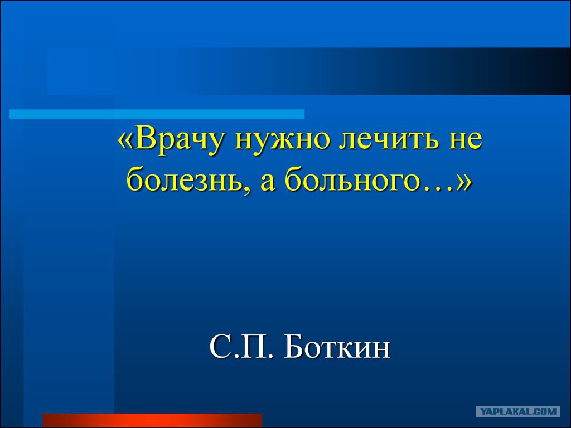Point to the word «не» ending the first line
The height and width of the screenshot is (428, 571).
tap(466, 140)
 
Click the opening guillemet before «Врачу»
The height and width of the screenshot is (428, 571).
tap(125, 140)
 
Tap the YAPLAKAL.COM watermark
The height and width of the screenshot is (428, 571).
tap(518, 412)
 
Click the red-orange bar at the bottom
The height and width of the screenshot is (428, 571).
tap(152, 420)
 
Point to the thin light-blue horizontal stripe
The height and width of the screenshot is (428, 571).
tap(157, 114)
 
